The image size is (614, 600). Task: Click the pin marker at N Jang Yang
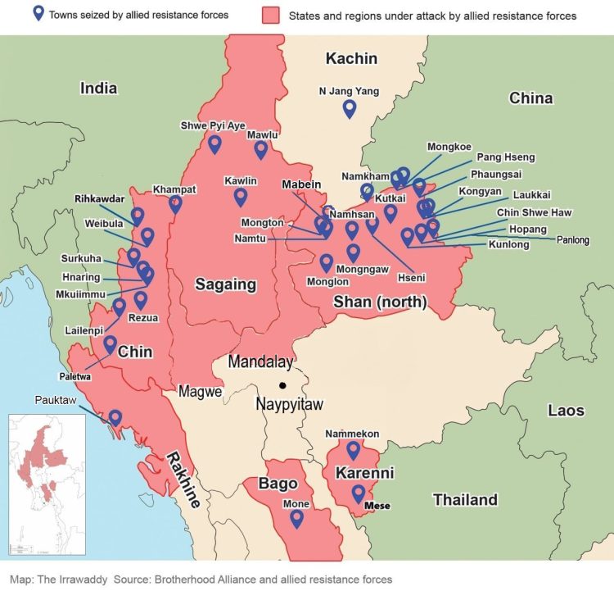[x=350, y=108]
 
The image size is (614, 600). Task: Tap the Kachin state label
[x=351, y=58]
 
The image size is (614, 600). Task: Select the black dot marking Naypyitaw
[x=282, y=384]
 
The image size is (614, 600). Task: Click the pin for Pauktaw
[x=115, y=418]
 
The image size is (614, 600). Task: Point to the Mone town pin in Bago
[x=296, y=518]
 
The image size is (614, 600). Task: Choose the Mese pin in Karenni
[x=358, y=493]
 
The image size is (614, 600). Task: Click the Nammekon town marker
[x=353, y=450]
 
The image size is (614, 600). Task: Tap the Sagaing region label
[x=225, y=285]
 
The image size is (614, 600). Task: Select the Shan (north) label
[x=380, y=302]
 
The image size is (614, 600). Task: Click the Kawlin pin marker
[x=241, y=197]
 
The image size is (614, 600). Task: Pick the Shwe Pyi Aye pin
[x=214, y=144]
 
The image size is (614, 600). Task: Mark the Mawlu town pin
[x=261, y=149]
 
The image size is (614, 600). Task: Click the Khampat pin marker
[x=175, y=204]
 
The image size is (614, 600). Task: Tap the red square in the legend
[x=272, y=15]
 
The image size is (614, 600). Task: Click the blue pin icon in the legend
[x=37, y=14]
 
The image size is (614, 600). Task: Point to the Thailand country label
[x=465, y=499]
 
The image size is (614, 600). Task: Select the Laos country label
[x=566, y=410]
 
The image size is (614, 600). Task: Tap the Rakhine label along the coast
[x=183, y=480]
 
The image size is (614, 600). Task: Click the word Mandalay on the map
[x=260, y=361]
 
